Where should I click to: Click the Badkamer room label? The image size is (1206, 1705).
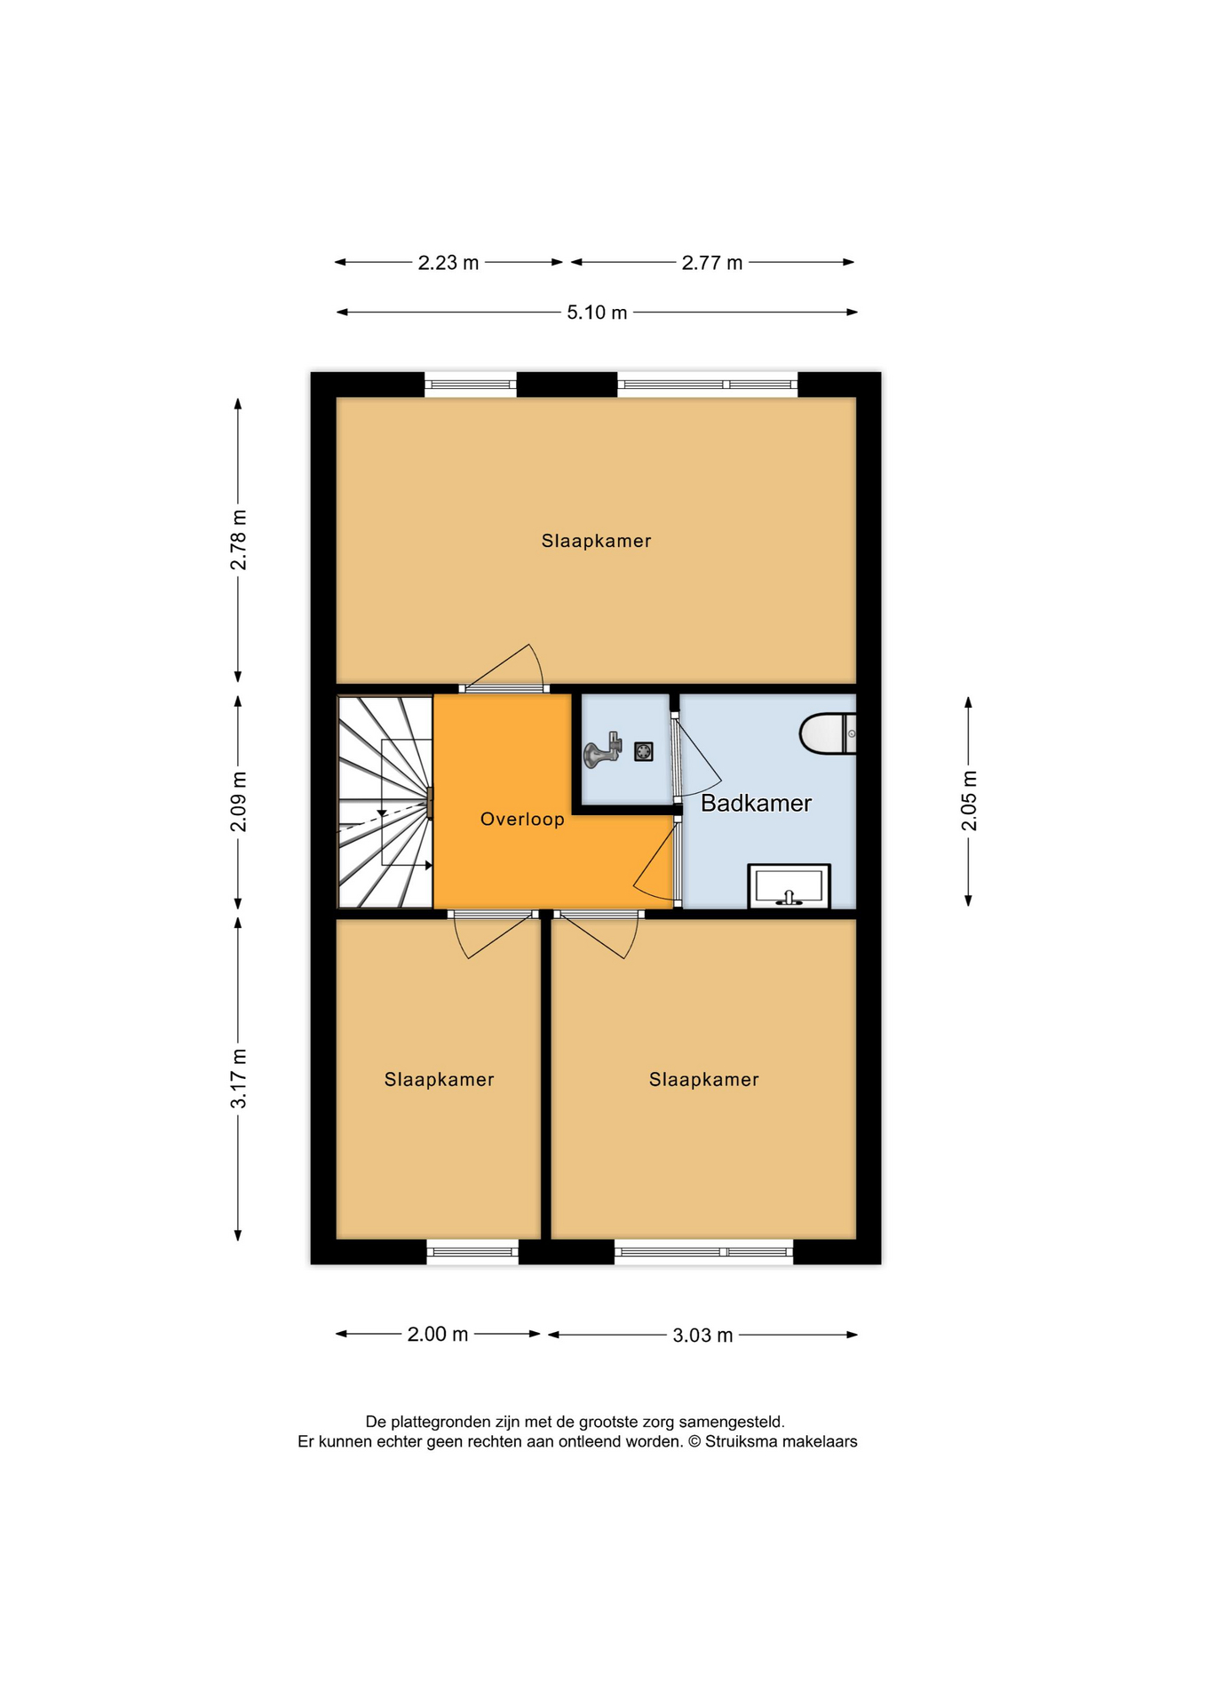[756, 804]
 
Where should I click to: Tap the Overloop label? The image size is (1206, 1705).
[522, 820]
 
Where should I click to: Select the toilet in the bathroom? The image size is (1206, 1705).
[828, 734]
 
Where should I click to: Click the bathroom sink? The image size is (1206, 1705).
[789, 886]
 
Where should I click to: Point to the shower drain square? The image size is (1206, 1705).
[644, 751]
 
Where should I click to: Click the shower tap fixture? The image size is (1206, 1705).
[601, 751]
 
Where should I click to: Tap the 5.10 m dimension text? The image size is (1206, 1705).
[597, 313]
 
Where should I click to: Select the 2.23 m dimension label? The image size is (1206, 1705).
[448, 263]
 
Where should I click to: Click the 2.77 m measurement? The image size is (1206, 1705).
[712, 263]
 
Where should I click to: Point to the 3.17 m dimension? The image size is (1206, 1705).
[239, 1078]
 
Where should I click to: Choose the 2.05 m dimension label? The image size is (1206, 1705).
[969, 801]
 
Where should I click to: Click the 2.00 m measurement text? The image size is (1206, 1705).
[438, 1334]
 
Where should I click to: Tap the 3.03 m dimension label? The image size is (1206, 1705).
[702, 1335]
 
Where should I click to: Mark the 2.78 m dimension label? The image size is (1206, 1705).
[239, 541]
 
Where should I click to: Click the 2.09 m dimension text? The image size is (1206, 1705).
[239, 802]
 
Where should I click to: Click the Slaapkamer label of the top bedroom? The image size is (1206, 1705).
[597, 541]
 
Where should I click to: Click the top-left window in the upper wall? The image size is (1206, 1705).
[471, 385]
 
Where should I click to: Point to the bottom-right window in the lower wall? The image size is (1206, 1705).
[703, 1252]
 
